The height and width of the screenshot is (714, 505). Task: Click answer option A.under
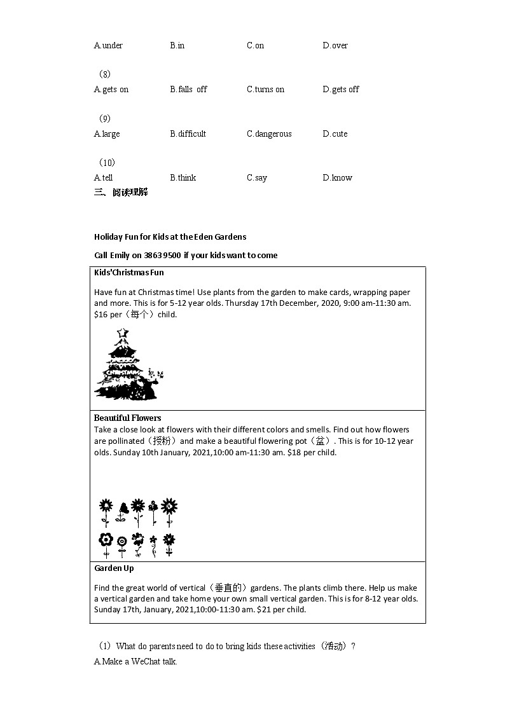tap(108, 45)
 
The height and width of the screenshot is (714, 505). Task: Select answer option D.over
tap(335, 45)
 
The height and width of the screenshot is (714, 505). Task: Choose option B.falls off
tap(188, 90)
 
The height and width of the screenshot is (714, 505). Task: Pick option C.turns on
tap(265, 90)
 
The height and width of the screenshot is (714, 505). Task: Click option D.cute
tap(335, 134)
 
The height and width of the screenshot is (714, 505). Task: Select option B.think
tap(183, 178)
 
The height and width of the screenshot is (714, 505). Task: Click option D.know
tap(337, 178)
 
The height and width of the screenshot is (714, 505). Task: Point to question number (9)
tap(105, 119)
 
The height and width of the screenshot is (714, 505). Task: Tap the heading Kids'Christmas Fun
tap(129, 273)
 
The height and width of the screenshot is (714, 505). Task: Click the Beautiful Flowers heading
tap(128, 418)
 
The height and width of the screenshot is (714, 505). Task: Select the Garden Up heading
tap(114, 568)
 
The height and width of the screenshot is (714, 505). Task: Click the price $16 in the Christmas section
tap(100, 315)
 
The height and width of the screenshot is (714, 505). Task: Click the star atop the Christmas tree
tap(123, 333)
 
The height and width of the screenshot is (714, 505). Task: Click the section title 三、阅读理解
tap(121, 192)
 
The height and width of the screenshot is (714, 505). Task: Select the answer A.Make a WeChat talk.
tap(135, 662)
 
